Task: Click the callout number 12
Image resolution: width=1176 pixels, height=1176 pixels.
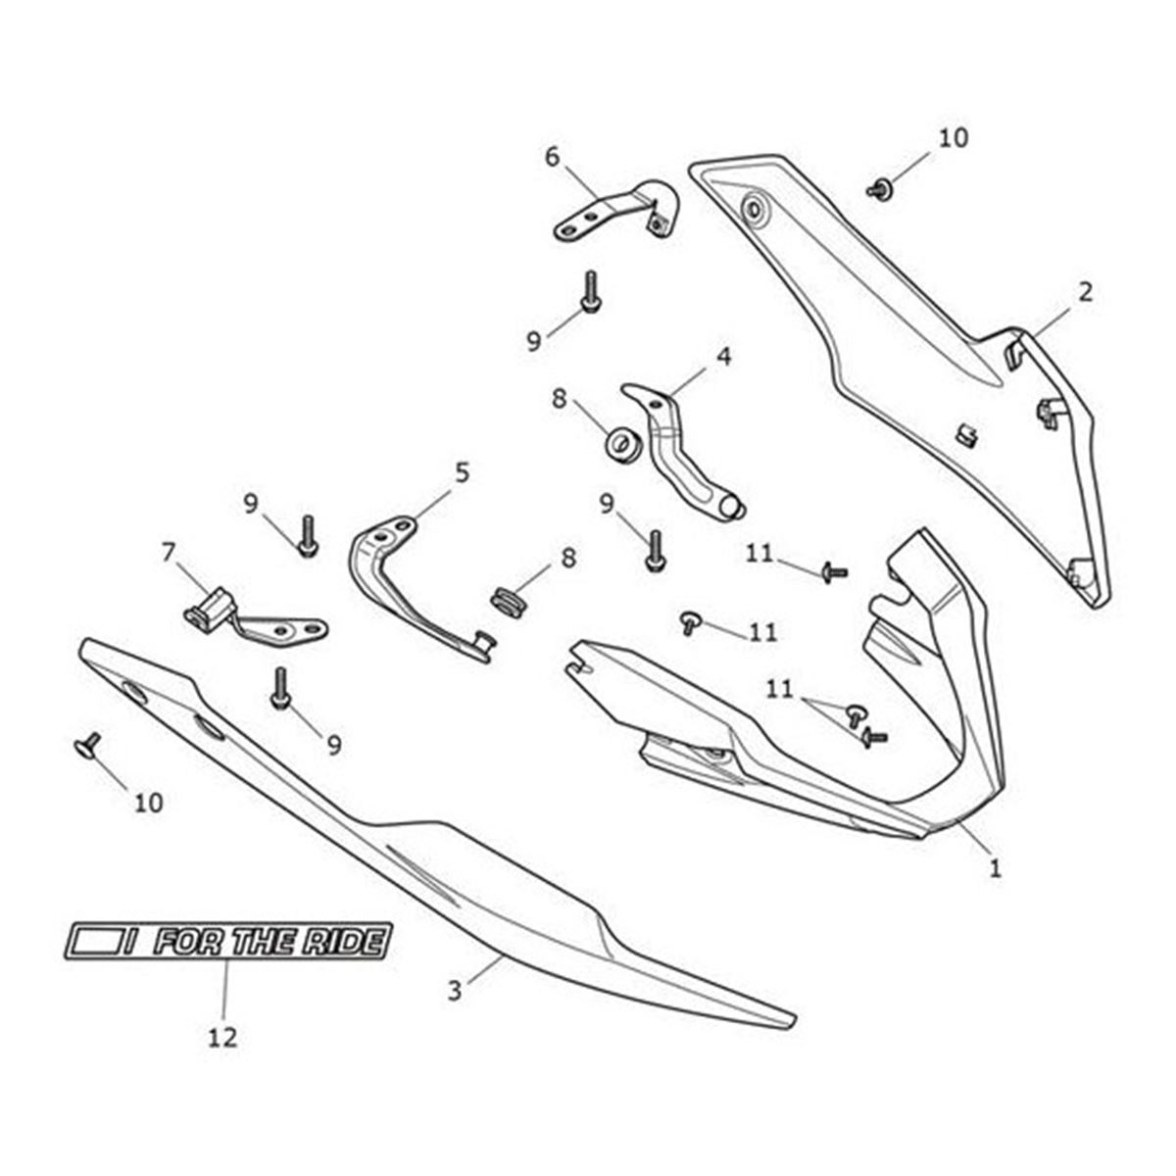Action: point(222,1037)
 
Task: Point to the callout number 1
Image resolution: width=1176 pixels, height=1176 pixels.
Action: point(995,884)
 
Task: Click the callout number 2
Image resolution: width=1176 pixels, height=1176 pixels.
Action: point(1085,293)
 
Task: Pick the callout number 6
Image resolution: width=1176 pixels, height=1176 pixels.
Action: point(552,158)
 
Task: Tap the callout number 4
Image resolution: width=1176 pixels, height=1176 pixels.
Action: point(723,357)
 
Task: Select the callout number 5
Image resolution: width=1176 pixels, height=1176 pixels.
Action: point(462,472)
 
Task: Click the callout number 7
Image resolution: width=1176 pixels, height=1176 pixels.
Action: point(169,553)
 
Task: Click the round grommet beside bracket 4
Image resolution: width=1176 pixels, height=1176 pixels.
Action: point(622,444)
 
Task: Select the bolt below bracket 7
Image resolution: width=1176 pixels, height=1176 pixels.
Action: point(280,688)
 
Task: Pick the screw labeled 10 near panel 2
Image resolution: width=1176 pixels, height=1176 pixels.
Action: point(880,188)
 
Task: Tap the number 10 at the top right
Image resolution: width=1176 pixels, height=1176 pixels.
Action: point(954,138)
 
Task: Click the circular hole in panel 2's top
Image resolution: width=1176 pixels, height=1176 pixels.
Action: point(755,211)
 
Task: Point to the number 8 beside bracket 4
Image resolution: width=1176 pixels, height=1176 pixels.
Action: point(559,399)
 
